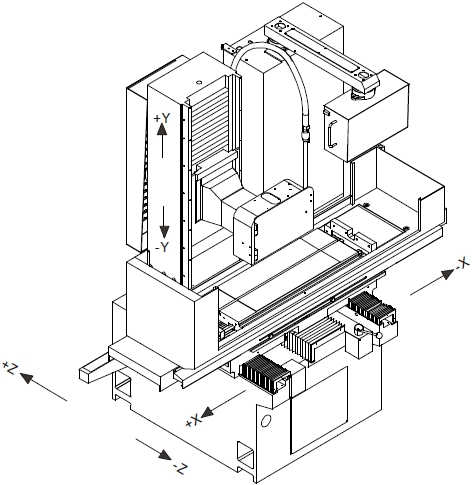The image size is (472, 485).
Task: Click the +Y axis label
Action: click(x=162, y=119)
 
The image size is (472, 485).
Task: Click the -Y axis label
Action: click(x=162, y=247)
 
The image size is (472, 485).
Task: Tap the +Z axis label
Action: click(x=9, y=367)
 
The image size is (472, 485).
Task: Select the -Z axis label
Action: click(x=180, y=467)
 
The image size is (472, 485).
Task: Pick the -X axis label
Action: click(x=462, y=264)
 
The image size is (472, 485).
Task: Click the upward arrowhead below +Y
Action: click(x=162, y=129)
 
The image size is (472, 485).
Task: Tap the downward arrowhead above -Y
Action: click(x=164, y=232)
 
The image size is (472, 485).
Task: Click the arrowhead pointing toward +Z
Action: click(x=26, y=378)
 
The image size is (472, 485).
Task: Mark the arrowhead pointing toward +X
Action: click(x=207, y=412)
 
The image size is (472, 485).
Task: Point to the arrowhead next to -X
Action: click(x=448, y=274)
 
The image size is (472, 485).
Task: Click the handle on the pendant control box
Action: click(x=332, y=134)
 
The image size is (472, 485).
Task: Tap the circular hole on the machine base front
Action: click(x=266, y=421)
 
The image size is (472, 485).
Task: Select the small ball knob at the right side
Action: click(x=379, y=336)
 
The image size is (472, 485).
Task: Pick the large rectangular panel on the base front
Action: click(x=319, y=410)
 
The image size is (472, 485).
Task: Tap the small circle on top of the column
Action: click(x=199, y=82)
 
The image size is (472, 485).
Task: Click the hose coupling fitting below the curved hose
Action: click(x=305, y=133)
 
